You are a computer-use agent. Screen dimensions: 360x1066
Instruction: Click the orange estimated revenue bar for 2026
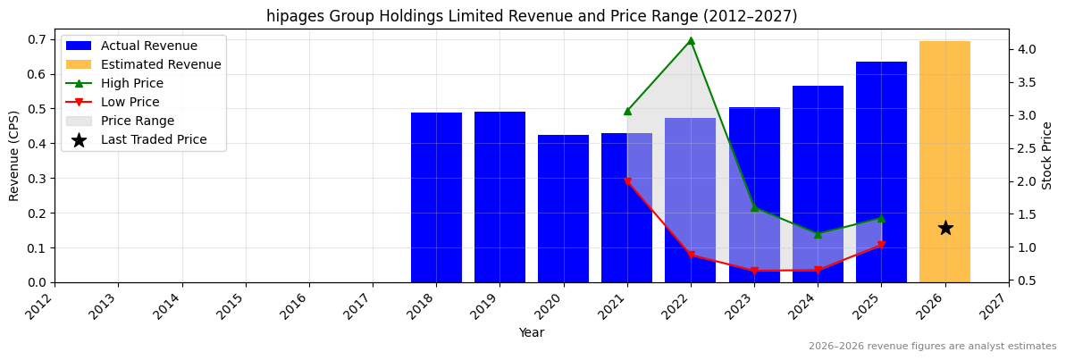pos(944,161)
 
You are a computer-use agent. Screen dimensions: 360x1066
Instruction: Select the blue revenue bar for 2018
pos(436,197)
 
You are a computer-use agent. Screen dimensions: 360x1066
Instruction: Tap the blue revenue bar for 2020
pos(563,209)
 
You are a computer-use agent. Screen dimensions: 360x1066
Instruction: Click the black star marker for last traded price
pos(945,228)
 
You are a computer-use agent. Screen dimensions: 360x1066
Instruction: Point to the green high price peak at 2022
pos(691,40)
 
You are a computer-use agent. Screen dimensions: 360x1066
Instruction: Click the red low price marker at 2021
pos(627,181)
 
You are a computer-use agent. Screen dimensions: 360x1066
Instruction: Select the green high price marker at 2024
pos(818,234)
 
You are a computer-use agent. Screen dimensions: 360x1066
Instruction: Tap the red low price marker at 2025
pos(881,245)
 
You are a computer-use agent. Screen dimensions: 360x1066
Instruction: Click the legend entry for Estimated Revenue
pos(161,64)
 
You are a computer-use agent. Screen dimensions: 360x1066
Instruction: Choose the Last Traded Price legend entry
pos(154,139)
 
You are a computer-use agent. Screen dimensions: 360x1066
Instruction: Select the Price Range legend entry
pos(138,121)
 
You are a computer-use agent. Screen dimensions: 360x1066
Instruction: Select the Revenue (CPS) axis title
pos(14,155)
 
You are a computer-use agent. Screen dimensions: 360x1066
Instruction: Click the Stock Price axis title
pos(1047,155)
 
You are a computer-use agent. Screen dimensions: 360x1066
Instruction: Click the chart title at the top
pos(532,16)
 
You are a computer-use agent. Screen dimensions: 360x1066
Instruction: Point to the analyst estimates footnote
pos(932,347)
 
